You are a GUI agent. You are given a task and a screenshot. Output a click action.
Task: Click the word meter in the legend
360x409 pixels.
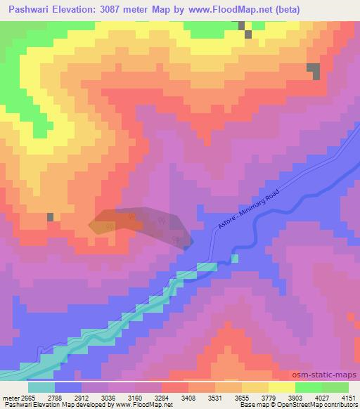click(x=12, y=397)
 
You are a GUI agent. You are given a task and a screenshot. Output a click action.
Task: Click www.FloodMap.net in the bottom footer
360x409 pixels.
click(x=143, y=405)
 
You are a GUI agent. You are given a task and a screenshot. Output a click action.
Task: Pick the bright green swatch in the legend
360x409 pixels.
click(x=308, y=387)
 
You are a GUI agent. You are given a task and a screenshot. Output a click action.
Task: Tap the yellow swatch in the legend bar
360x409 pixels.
click(x=281, y=387)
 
